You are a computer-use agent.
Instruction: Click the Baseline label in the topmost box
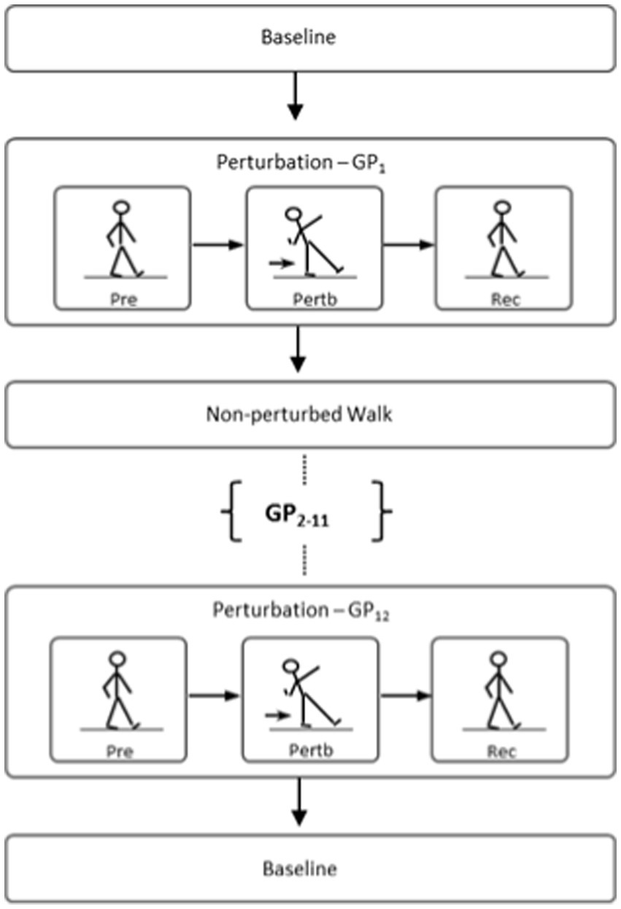coord(298,38)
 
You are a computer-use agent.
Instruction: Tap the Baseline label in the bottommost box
coord(298,869)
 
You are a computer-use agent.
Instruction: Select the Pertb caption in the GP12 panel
coord(312,751)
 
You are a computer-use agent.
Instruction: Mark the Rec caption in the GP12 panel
coord(501,751)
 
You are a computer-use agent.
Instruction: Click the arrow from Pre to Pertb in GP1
coord(217,246)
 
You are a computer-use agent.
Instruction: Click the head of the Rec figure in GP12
coord(498,657)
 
